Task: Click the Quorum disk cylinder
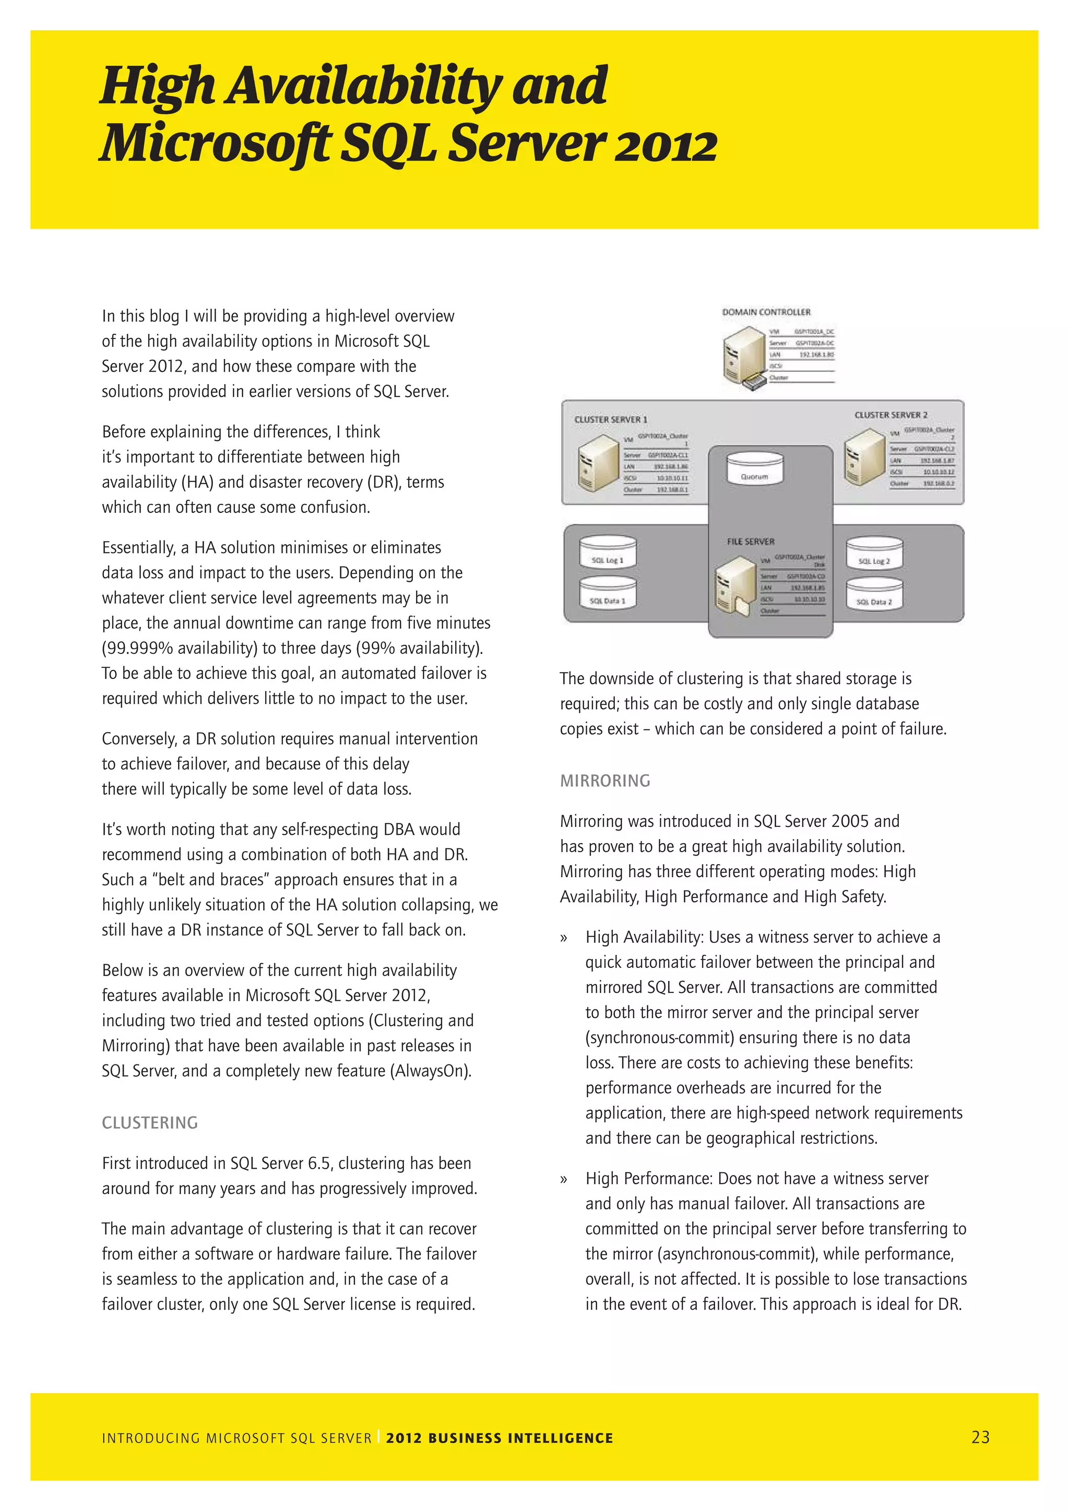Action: pyautogui.click(x=754, y=469)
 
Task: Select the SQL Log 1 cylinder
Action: pyautogui.click(x=607, y=554)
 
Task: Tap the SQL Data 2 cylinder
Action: pyautogui.click(x=873, y=595)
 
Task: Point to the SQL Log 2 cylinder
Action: pyautogui.click(x=873, y=554)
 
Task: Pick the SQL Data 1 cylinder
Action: pyautogui.click(x=607, y=594)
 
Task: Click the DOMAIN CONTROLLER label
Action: pyautogui.click(x=766, y=312)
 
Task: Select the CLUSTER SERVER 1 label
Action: pyautogui.click(x=610, y=419)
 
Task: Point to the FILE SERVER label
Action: pyautogui.click(x=751, y=542)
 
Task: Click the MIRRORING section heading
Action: pyautogui.click(x=605, y=781)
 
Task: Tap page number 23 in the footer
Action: pyautogui.click(x=980, y=1437)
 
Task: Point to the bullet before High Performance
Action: pyautogui.click(x=563, y=1179)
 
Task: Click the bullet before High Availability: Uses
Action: pyautogui.click(x=563, y=938)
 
